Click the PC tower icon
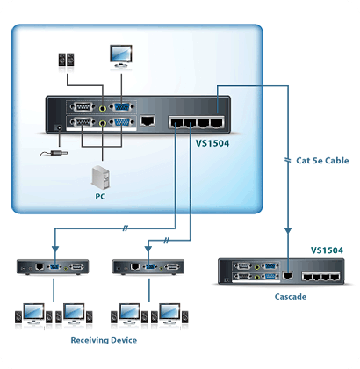pyautogui.click(x=100, y=177)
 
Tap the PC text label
pyautogui.click(x=100, y=197)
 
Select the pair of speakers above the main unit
pyautogui.click(x=66, y=60)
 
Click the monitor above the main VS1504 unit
pyautogui.click(x=121, y=56)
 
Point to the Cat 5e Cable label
pyautogui.click(x=322, y=161)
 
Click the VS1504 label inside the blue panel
pyautogui.click(x=212, y=143)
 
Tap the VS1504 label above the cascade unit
pyautogui.click(x=327, y=250)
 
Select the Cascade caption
pyautogui.click(x=291, y=297)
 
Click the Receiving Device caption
pyautogui.click(x=104, y=340)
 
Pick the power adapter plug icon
pyautogui.click(x=54, y=153)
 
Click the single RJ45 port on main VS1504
pyautogui.click(x=148, y=120)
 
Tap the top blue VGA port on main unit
pyautogui.click(x=121, y=107)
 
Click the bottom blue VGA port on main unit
pyautogui.click(x=121, y=123)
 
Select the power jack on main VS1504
pyautogui.click(x=60, y=128)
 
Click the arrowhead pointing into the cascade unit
pyautogui.click(x=288, y=231)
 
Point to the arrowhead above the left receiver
pyautogui.click(x=55, y=249)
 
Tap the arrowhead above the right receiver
pyautogui.click(x=148, y=249)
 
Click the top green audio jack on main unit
pyautogui.click(x=103, y=108)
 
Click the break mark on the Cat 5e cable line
pyautogui.click(x=288, y=160)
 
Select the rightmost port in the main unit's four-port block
pyautogui.click(x=217, y=122)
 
